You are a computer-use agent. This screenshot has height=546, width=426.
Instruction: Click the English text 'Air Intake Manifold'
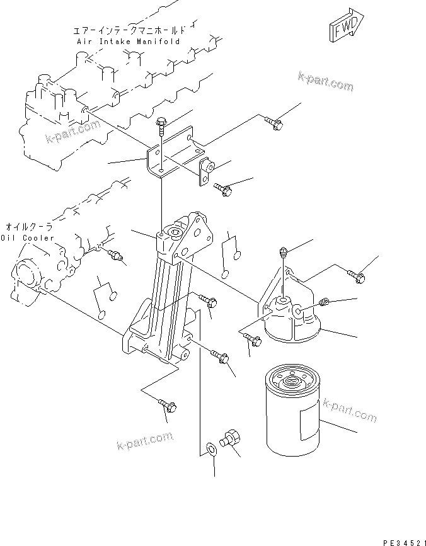pos(128,41)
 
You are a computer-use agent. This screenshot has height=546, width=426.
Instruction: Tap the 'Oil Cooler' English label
pos(27,238)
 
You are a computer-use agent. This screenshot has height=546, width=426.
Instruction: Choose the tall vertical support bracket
pos(165,296)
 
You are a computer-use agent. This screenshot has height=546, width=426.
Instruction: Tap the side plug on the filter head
pos(325,303)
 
